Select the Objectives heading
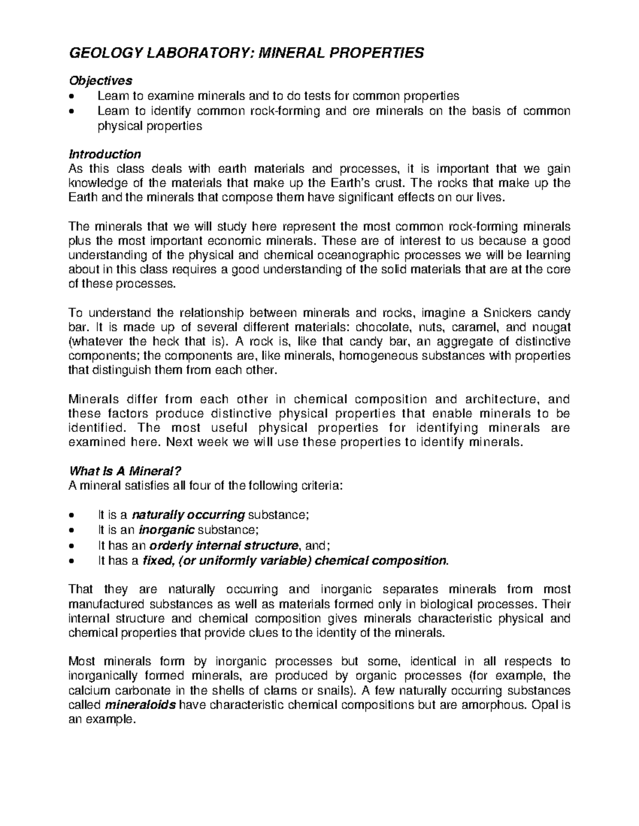click(x=101, y=81)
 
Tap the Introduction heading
click(x=105, y=154)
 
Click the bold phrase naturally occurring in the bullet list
click(x=188, y=515)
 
